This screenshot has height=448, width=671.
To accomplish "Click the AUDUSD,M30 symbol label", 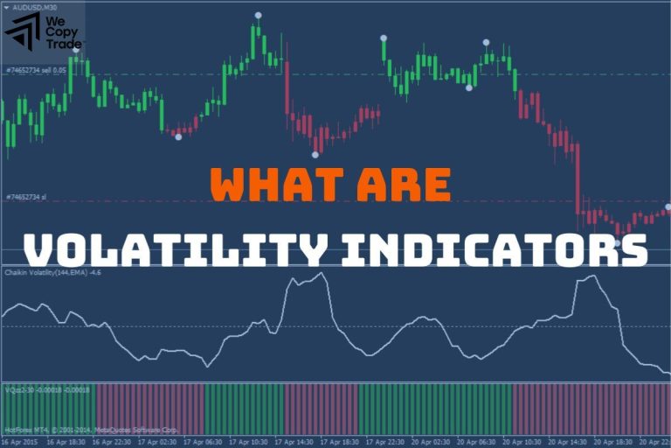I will [35, 7].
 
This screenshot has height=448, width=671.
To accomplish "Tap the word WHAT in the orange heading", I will [268, 185].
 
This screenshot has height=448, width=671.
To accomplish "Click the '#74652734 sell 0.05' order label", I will [35, 69].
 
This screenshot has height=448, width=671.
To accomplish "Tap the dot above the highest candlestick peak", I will [258, 16].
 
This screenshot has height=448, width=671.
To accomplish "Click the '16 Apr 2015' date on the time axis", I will [19, 442].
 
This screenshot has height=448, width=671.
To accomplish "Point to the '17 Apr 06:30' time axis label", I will [205, 442].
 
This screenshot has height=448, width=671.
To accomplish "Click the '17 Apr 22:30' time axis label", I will [387, 442].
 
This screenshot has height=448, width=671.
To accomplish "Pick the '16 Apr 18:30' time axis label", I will [66, 442].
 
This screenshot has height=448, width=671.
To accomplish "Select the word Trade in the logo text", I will [66, 44].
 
